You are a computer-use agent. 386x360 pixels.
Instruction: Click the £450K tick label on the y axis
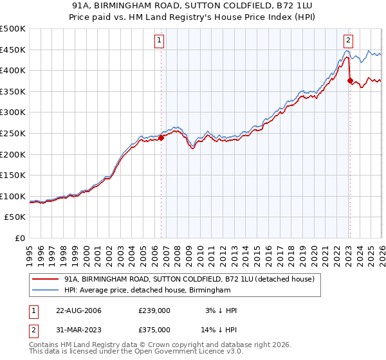point(13,50)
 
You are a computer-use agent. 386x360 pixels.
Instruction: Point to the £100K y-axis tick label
point(13,196)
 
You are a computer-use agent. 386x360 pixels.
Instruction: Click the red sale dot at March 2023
point(350,81)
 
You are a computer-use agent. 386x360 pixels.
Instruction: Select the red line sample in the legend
point(45,279)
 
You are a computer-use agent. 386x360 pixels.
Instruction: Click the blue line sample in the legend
point(45,291)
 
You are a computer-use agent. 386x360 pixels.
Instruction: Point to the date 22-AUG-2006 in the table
point(78,310)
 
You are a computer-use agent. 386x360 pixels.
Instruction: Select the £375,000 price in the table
point(154,329)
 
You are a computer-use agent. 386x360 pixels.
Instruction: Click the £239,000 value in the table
point(154,310)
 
